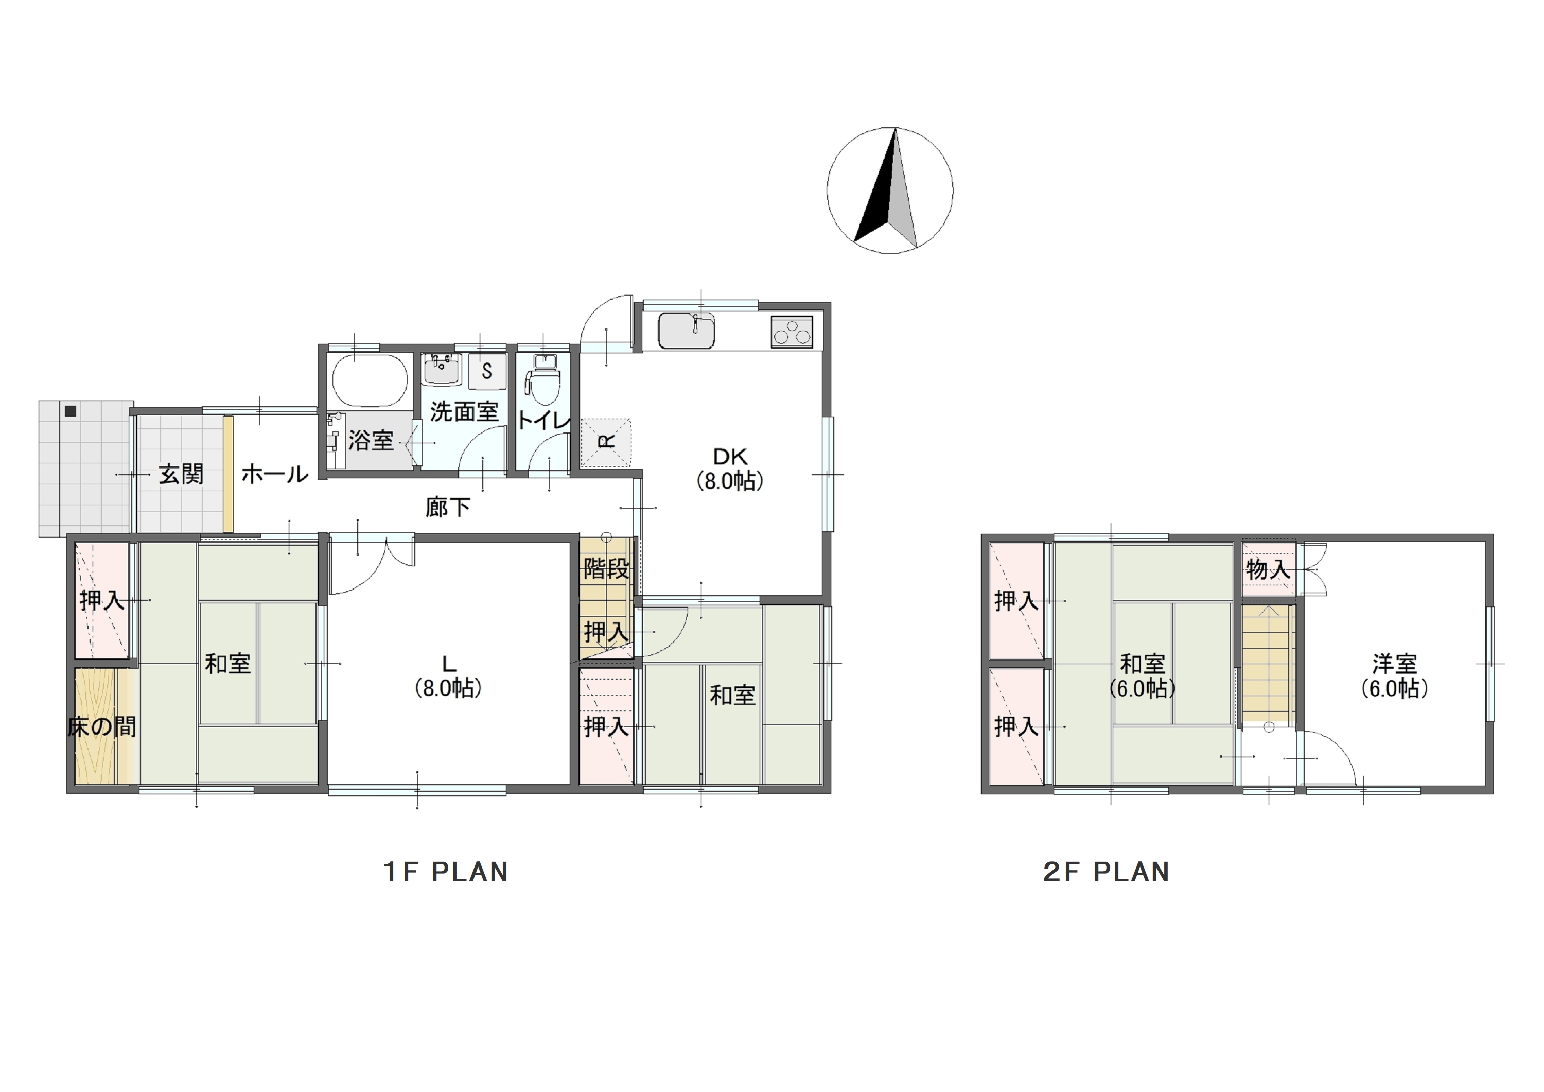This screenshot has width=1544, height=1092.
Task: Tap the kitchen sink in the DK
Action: pyautogui.click(x=686, y=331)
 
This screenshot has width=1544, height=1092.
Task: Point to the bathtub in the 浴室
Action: pyautogui.click(x=370, y=379)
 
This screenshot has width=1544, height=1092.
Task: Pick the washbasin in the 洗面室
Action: pyautogui.click(x=442, y=369)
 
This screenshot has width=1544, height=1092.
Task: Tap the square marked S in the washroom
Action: pyautogui.click(x=487, y=371)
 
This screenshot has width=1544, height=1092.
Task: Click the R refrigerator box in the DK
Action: pyautogui.click(x=606, y=442)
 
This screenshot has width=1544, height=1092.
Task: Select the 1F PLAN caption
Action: pyautogui.click(x=445, y=872)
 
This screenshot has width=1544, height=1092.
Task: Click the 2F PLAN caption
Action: pyautogui.click(x=1106, y=872)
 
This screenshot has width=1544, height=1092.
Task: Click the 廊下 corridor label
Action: pyautogui.click(x=447, y=507)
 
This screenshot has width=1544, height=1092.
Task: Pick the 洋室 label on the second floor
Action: pyautogui.click(x=1395, y=664)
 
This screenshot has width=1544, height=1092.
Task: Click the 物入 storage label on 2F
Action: pyautogui.click(x=1268, y=570)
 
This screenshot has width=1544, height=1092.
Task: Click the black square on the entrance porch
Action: pyautogui.click(x=71, y=411)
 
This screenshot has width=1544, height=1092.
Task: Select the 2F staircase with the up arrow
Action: pyautogui.click(x=1268, y=664)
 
